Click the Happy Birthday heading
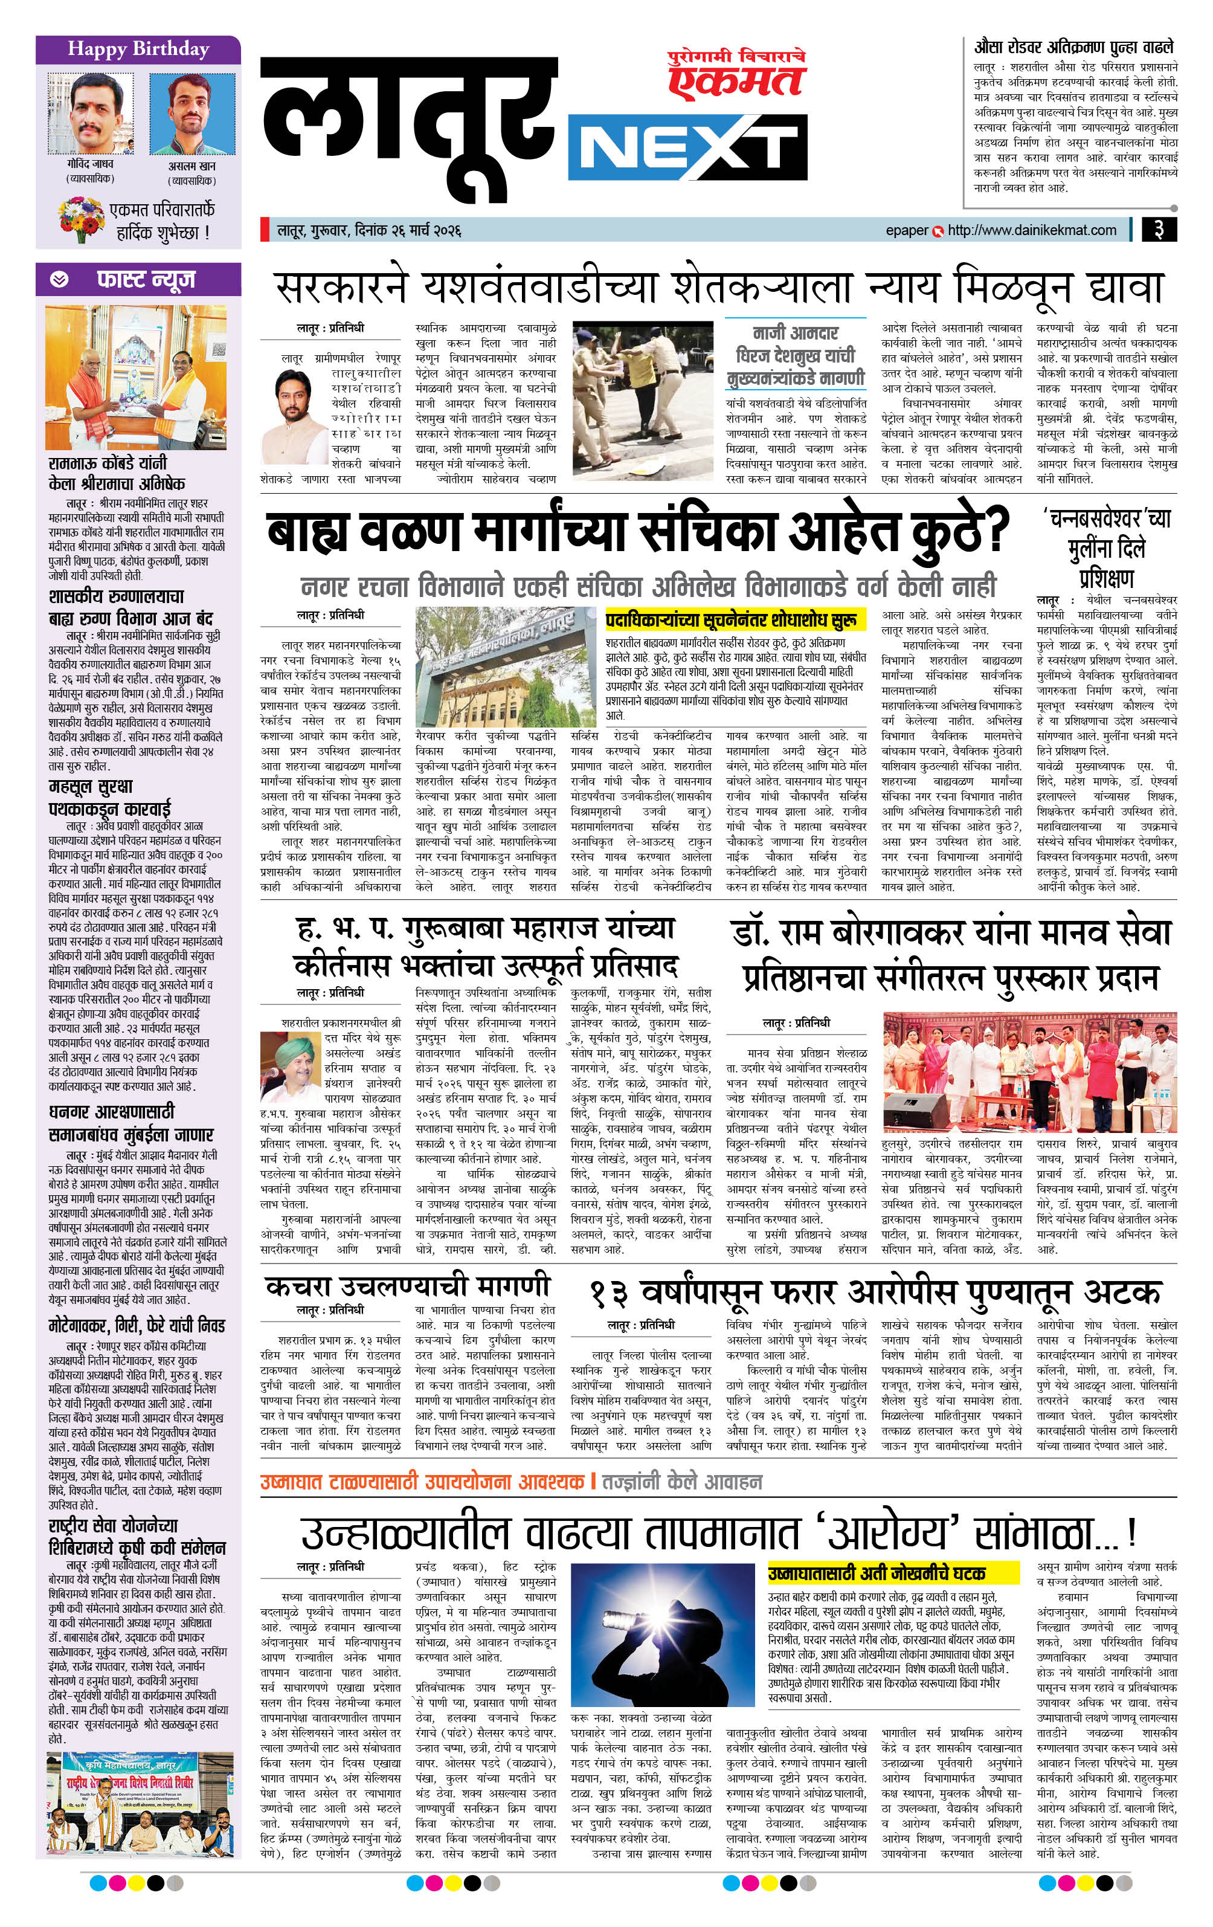[138, 50]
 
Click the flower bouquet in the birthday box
[79, 219]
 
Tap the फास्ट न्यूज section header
[138, 279]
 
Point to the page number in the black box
[1159, 230]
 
